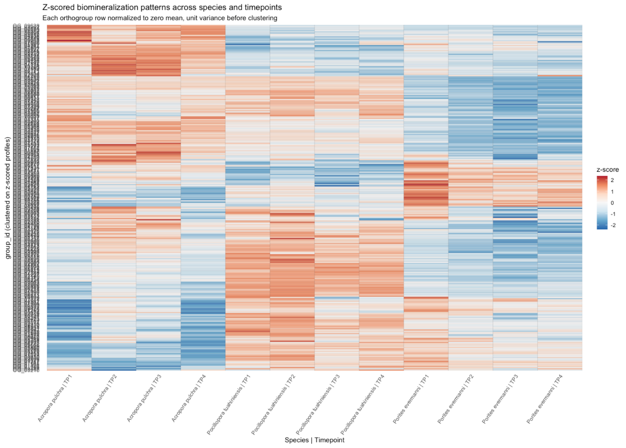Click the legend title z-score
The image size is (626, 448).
click(607, 170)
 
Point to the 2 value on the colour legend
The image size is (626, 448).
click(612, 180)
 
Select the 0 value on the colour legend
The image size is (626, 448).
click(612, 203)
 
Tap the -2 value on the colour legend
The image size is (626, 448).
click(613, 225)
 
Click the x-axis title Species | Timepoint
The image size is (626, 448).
click(314, 440)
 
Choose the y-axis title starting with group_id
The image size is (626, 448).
click(8, 198)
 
